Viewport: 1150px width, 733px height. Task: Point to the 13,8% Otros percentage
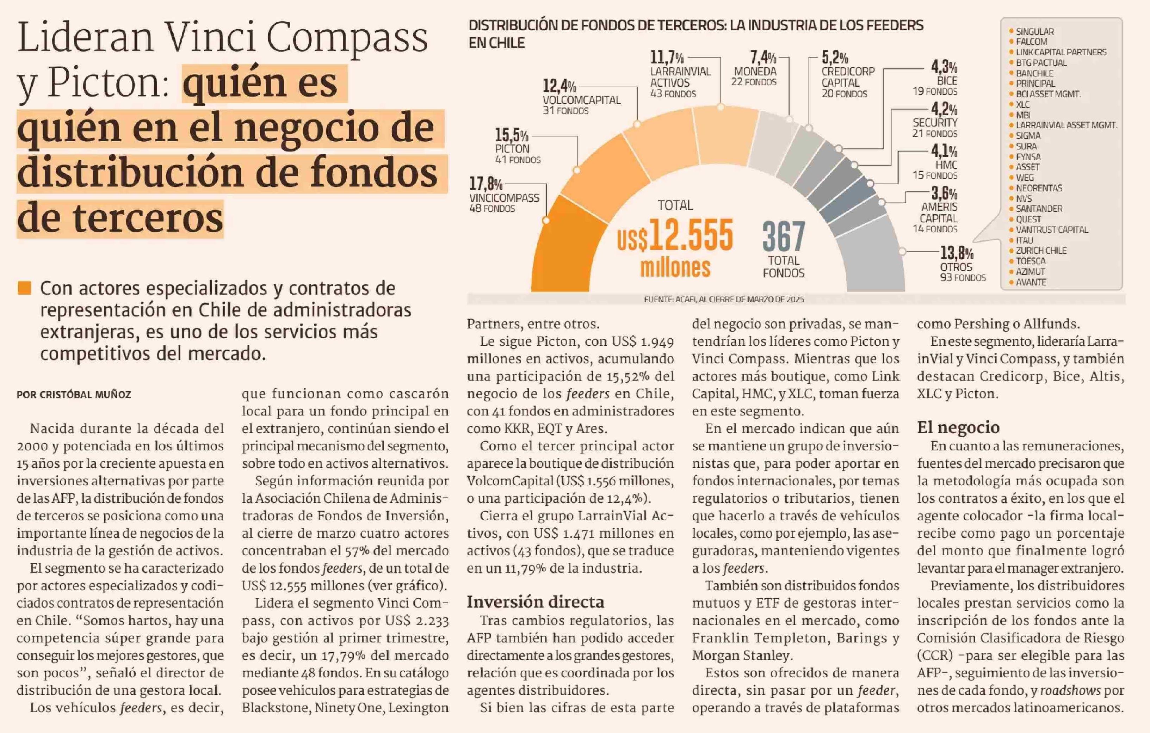point(957,253)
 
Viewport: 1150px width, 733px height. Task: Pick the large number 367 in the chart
point(783,236)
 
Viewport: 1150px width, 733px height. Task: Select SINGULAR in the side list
point(1034,31)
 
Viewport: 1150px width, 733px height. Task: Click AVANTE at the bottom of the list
point(1031,282)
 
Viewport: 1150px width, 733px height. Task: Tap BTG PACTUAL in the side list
point(1041,63)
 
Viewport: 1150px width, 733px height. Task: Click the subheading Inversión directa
point(535,602)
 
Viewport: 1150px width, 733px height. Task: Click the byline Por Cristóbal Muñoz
point(74,394)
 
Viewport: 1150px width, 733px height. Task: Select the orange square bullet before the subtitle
point(24,288)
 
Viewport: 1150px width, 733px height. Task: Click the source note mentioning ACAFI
point(724,300)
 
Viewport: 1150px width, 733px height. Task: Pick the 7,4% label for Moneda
point(763,58)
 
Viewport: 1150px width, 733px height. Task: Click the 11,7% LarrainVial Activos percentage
point(667,58)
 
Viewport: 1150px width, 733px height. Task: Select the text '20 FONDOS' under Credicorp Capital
point(844,94)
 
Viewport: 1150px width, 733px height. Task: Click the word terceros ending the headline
point(120,218)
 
